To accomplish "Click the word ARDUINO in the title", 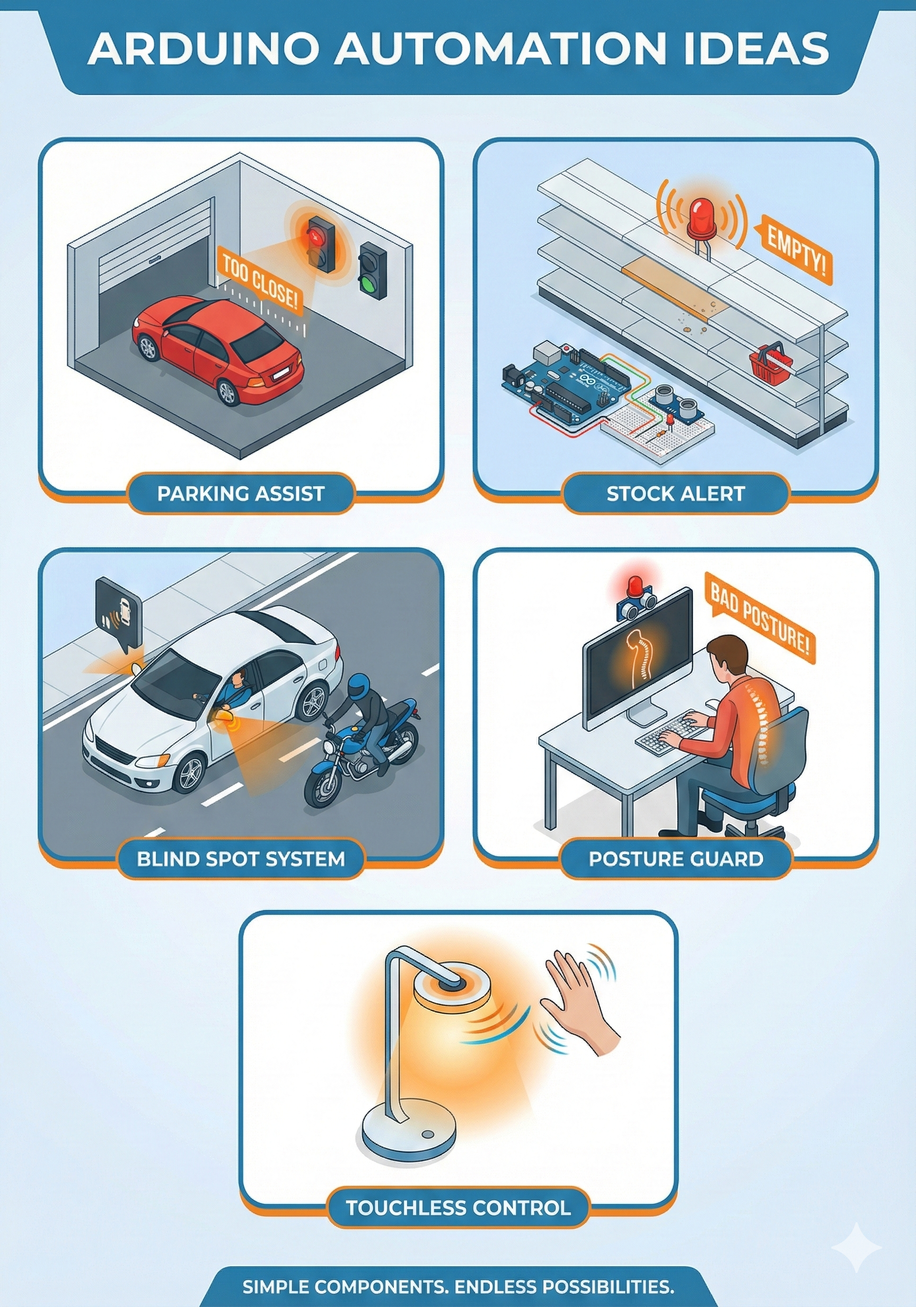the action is coord(203,48).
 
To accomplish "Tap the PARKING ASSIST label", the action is coord(241,493).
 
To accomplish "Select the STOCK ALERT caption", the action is coord(675,493).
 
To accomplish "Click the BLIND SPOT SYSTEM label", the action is coord(241,858).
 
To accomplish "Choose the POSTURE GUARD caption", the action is coord(675,858).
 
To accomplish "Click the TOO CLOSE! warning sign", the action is coord(260,282).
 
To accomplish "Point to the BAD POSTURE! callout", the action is coord(760,617).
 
